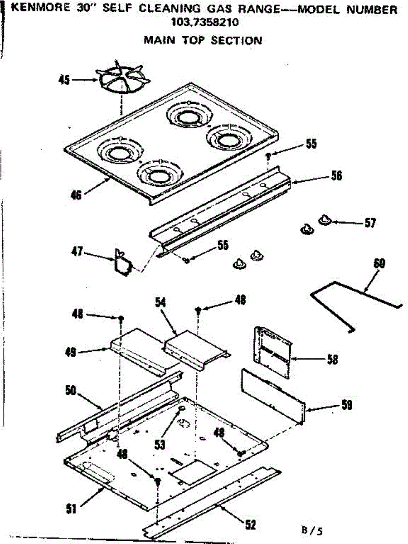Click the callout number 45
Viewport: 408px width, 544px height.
pyautogui.click(x=64, y=80)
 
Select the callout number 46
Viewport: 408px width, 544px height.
pyautogui.click(x=76, y=195)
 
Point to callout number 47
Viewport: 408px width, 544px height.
pyautogui.click(x=77, y=252)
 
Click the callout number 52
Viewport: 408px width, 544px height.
pyautogui.click(x=250, y=525)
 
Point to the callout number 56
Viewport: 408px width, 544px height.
pyautogui.click(x=336, y=175)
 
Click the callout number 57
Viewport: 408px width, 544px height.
pyautogui.click(x=370, y=223)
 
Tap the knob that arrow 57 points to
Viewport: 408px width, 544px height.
pyautogui.click(x=325, y=220)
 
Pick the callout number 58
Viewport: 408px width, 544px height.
pyautogui.click(x=332, y=359)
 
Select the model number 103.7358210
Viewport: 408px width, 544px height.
pyautogui.click(x=202, y=22)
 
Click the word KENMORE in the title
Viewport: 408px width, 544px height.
pyautogui.click(x=34, y=9)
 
